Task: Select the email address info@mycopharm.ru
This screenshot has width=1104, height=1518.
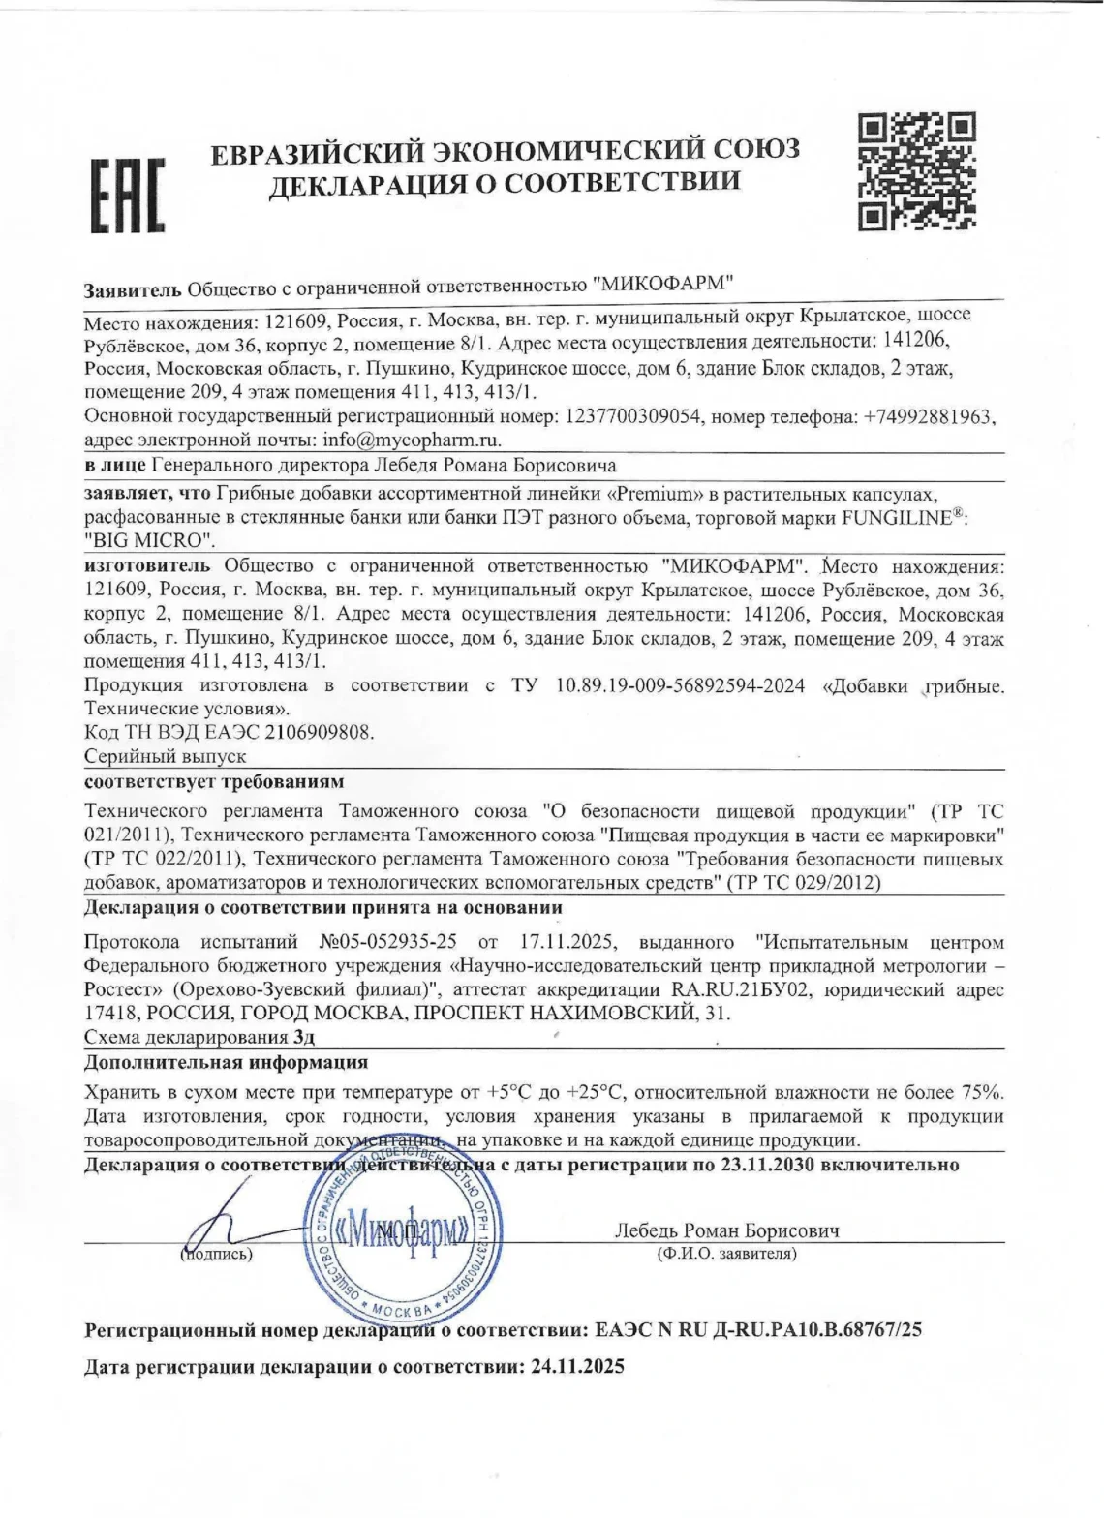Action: (411, 440)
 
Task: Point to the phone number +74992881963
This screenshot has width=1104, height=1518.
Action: (929, 416)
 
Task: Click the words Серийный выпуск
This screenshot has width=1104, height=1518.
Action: (166, 756)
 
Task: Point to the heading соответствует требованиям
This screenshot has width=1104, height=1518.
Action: (214, 781)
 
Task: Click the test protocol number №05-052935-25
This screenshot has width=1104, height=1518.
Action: (387, 942)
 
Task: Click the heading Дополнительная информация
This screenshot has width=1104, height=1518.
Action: (226, 1062)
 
